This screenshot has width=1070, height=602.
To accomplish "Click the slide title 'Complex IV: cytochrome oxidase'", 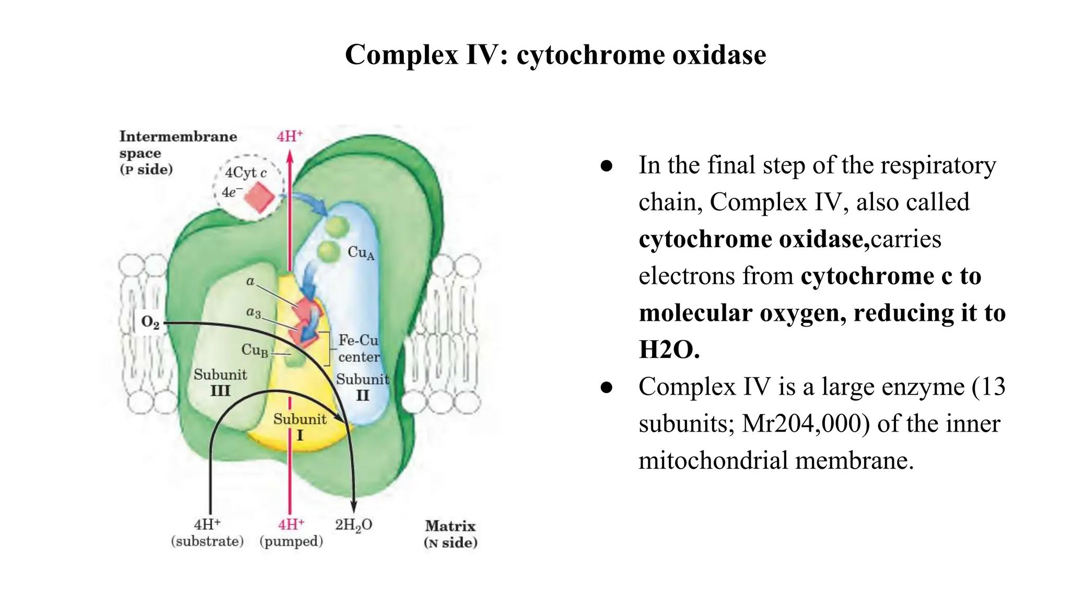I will coord(555,55).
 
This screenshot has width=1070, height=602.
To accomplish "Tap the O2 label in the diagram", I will coord(150,322).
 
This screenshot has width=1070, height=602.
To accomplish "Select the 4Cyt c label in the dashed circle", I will coord(246,172).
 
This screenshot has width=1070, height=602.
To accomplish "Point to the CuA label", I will coord(361,253).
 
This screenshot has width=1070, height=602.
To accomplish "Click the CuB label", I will coord(254,350).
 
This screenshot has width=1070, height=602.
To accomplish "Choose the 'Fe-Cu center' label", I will coord(358,349).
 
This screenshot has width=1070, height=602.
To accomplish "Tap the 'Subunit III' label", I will coord(220,383).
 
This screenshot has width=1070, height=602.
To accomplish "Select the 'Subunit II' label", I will coord(363,387).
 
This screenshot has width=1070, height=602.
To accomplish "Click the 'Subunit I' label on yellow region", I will coord(300,427).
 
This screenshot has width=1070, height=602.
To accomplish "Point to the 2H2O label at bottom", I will coord(354,525).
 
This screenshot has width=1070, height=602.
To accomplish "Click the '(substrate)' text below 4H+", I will coord(207,541).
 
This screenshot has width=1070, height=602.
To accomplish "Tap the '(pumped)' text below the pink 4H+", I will coord(291,541).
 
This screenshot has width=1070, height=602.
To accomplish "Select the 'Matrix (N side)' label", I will coord(450,534).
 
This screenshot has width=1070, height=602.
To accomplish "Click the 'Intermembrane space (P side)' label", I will coord(178,153).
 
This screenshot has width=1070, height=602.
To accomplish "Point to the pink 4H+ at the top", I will coord(289,137).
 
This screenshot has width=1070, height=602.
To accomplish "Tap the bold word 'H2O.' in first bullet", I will coord(669,350).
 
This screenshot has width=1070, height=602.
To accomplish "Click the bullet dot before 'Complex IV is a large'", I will coord(606,387).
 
